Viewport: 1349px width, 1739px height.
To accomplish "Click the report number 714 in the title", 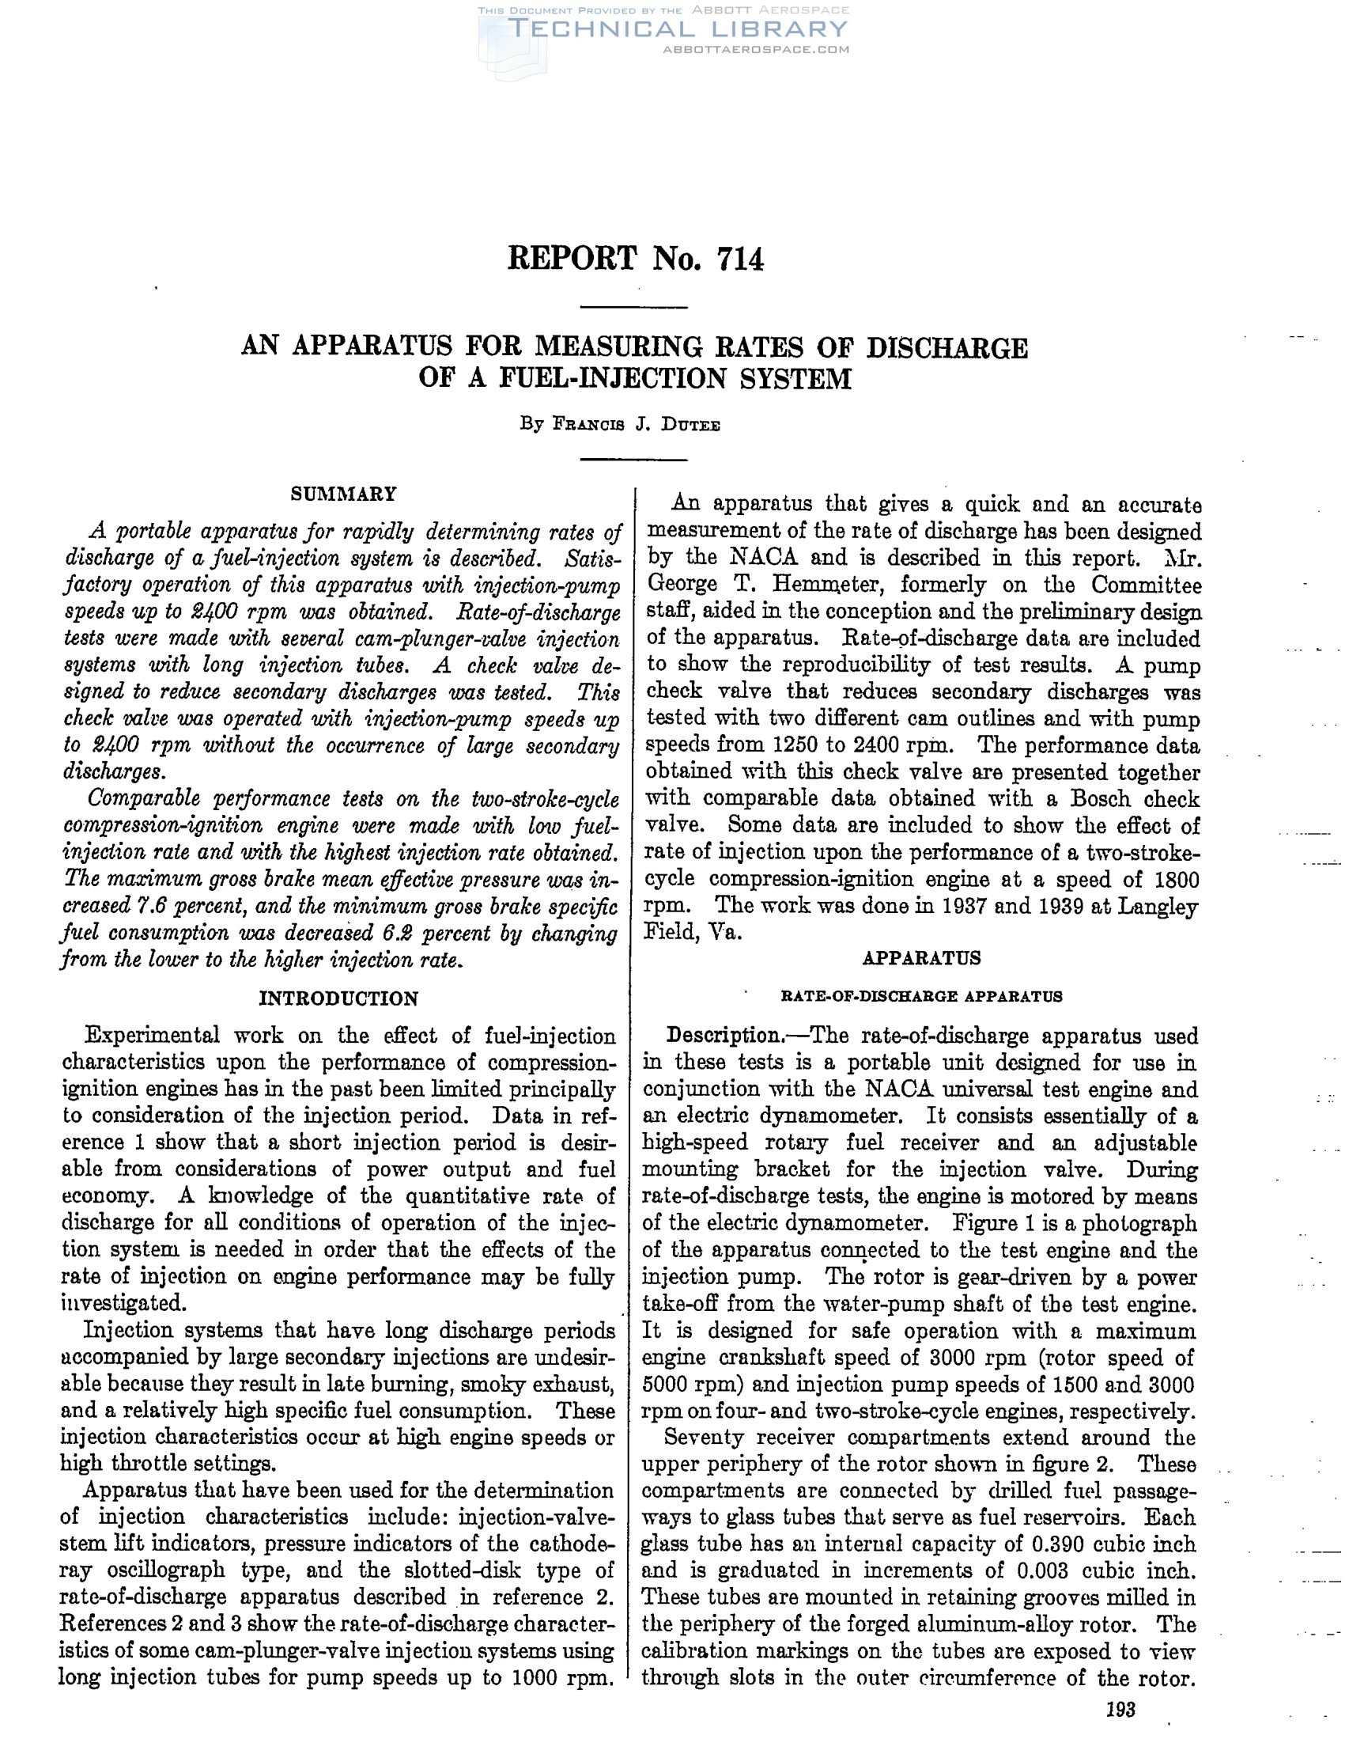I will pyautogui.click(x=740, y=259).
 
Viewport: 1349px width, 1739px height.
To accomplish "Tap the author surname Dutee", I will pyautogui.click(x=692, y=425).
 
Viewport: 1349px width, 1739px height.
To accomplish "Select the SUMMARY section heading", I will pyautogui.click(x=343, y=494).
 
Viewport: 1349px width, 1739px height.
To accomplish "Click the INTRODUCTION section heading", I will pyautogui.click(x=338, y=998).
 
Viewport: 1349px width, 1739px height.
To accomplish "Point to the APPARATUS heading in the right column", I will pyautogui.click(x=922, y=958).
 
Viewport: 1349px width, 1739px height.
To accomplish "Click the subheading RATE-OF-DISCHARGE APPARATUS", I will pyautogui.click(x=922, y=996).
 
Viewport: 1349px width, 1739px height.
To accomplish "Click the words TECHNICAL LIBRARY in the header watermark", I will pyautogui.click(x=678, y=29).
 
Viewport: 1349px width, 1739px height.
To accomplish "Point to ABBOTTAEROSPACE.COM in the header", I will pyautogui.click(x=755, y=49).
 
